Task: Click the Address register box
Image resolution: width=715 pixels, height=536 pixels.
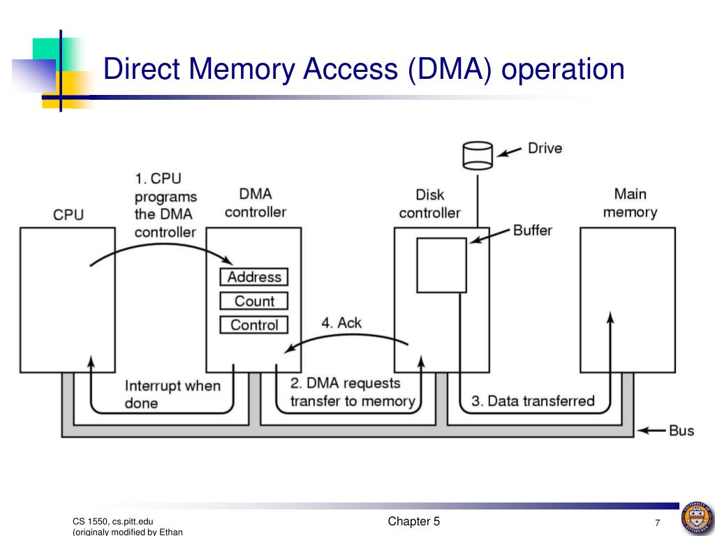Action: pyautogui.click(x=254, y=276)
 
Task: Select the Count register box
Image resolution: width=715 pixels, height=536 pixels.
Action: pyautogui.click(x=254, y=301)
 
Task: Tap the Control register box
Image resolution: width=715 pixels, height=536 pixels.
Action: pyautogui.click(x=254, y=325)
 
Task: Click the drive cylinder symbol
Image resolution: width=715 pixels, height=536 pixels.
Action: pyautogui.click(x=478, y=156)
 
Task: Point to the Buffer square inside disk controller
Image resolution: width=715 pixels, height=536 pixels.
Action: pyautogui.click(x=442, y=265)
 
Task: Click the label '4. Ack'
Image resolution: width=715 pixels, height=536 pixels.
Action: pyautogui.click(x=341, y=322)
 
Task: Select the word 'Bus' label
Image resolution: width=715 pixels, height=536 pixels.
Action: pyautogui.click(x=681, y=431)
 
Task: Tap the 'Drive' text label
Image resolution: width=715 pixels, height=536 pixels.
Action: pyautogui.click(x=545, y=148)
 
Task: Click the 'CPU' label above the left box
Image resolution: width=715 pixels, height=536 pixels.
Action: pyautogui.click(x=68, y=215)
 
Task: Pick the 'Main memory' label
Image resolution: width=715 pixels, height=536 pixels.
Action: pyautogui.click(x=631, y=203)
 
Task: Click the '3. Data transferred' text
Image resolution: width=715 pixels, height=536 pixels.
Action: pyautogui.click(x=533, y=401)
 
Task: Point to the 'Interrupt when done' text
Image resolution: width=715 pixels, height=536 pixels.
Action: pyautogui.click(x=172, y=394)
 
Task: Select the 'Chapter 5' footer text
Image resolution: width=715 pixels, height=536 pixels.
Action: pyautogui.click(x=413, y=521)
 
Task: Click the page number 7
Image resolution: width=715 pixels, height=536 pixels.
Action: pyautogui.click(x=658, y=523)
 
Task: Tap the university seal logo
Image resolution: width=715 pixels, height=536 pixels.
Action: pyautogui.click(x=698, y=519)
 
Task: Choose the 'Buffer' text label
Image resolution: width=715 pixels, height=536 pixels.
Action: pyautogui.click(x=533, y=230)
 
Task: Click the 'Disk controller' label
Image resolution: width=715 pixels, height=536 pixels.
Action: pyautogui.click(x=429, y=204)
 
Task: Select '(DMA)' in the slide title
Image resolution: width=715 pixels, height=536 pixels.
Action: pyautogui.click(x=450, y=69)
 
